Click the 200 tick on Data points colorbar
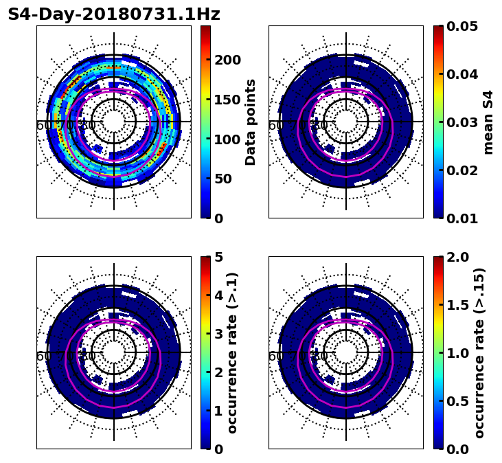click(227, 60)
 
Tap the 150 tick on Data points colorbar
click(227, 100)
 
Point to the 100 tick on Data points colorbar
click(227, 139)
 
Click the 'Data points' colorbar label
click(251, 122)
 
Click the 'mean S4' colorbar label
click(488, 122)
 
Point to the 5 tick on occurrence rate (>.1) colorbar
click(219, 257)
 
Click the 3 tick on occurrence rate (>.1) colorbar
click(219, 334)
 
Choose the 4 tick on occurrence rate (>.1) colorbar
click(219, 295)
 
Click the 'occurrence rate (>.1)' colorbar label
click(233, 352)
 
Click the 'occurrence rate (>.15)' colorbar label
click(479, 352)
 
